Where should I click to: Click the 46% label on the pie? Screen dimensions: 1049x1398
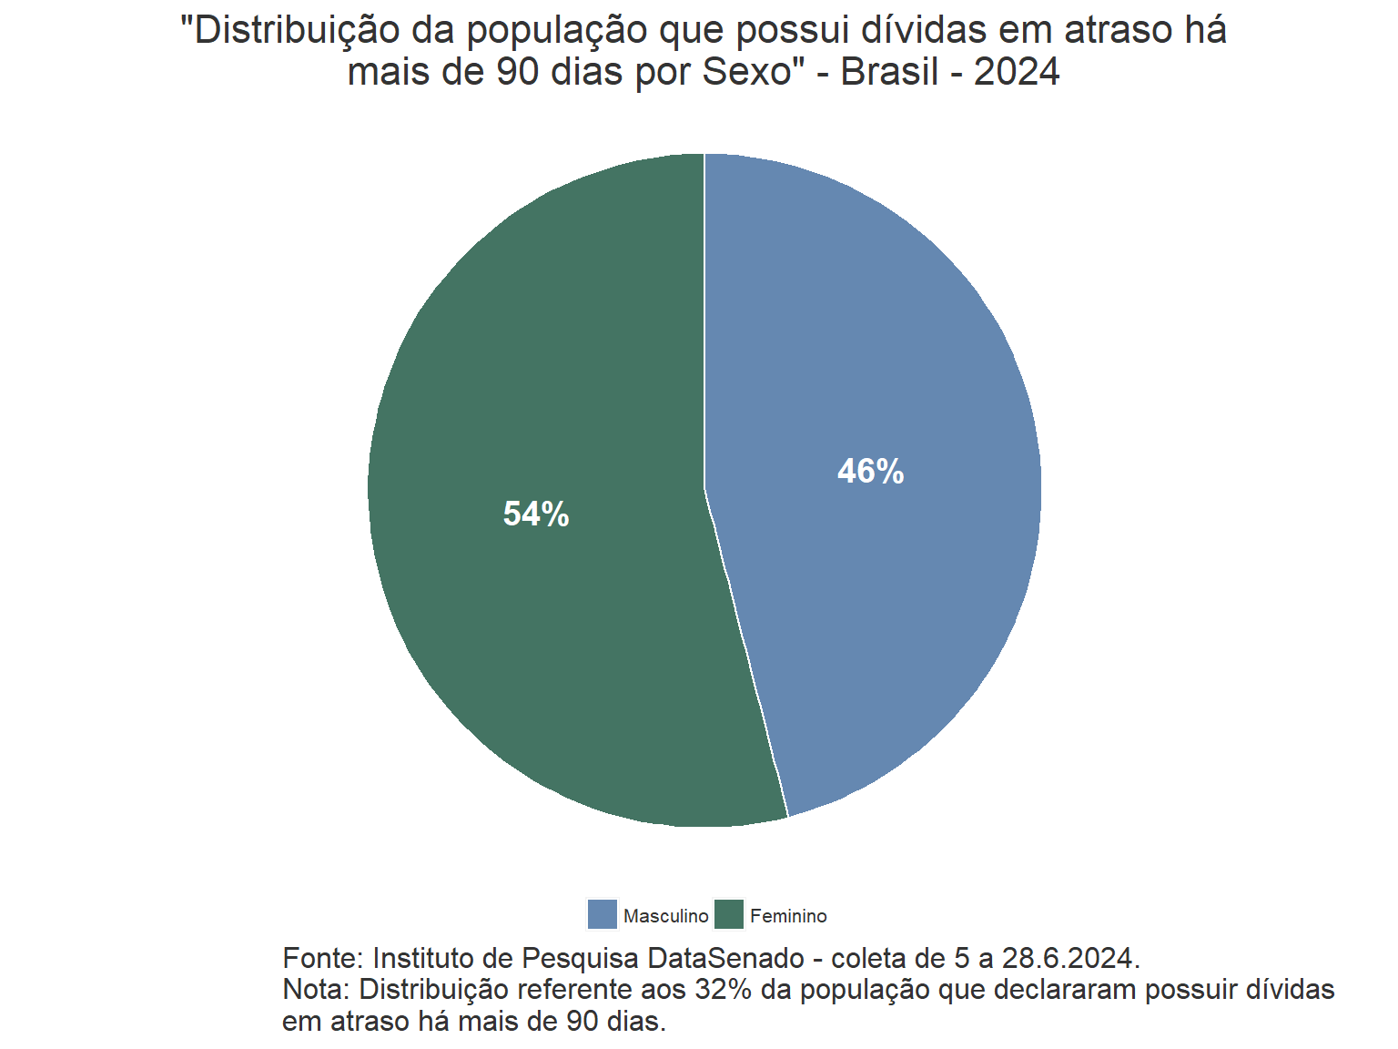pos(870,472)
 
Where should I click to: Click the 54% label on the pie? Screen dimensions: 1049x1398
pos(536,514)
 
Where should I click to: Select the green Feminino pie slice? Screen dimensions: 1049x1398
pos(528,637)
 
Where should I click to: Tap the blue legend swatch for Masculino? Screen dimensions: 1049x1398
pos(603,914)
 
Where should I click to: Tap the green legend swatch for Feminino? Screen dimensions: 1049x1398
pos(729,914)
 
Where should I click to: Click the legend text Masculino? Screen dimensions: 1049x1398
pos(665,916)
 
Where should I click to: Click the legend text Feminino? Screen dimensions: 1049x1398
pos(788,916)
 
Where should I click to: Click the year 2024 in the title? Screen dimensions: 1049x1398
pos(1017,72)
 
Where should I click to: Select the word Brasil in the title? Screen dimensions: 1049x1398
pos(889,72)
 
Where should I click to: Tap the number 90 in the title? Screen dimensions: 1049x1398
pos(517,72)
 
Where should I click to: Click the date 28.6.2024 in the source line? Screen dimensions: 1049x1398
pos(1070,958)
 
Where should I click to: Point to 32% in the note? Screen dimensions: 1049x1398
pos(723,989)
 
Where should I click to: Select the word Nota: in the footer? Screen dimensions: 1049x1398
pos(317,989)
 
